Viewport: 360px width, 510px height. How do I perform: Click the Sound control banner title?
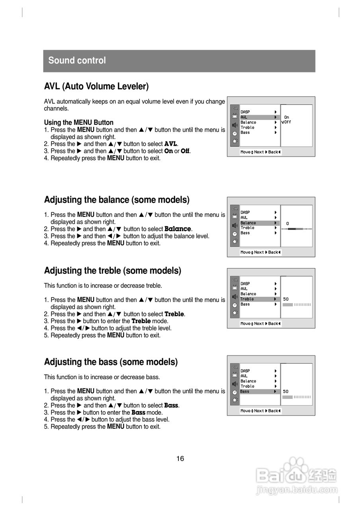point(77,61)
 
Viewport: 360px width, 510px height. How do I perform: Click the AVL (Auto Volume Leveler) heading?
point(96,86)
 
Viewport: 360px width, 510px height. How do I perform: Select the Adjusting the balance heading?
point(117,200)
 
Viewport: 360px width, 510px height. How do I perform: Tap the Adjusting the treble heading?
point(112,271)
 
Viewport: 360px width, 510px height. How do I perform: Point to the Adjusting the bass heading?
point(111,362)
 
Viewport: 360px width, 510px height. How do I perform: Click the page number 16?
point(180,459)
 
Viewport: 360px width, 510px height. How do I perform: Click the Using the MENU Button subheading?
point(78,123)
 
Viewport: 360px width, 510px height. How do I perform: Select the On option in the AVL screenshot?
point(287,118)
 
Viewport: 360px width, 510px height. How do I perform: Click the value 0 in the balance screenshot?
point(288,224)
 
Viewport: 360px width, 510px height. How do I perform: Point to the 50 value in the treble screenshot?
point(286,299)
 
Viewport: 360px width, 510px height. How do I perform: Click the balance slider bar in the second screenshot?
point(297,229)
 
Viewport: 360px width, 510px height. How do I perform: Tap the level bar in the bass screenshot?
point(297,397)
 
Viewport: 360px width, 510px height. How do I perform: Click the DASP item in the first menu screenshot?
point(245,112)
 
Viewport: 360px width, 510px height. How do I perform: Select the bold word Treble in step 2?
point(174,314)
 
